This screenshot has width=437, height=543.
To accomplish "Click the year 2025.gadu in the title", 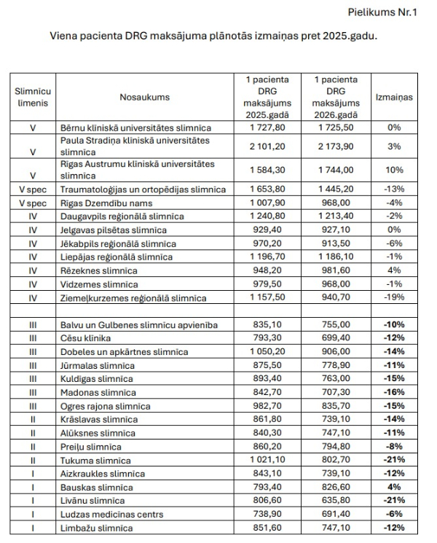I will pos(350,35).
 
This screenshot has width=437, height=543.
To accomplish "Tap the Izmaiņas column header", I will pos(393,97).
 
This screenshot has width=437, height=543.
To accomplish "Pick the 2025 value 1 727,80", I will pos(264,127).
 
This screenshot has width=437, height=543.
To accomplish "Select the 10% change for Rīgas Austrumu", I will pos(394,170).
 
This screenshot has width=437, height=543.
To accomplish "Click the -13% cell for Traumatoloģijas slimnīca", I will pos(394,190).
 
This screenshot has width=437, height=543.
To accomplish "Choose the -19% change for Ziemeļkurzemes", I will pos(394,297).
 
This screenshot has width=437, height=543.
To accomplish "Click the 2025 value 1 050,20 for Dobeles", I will pos(264,351).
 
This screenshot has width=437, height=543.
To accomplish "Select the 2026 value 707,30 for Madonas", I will pos(336,392).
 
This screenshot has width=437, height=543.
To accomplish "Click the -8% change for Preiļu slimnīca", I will pos(394,446).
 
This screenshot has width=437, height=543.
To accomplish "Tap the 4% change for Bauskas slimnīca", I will pos(394,487).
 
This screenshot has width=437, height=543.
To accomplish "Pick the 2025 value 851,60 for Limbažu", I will pos(264,528).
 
